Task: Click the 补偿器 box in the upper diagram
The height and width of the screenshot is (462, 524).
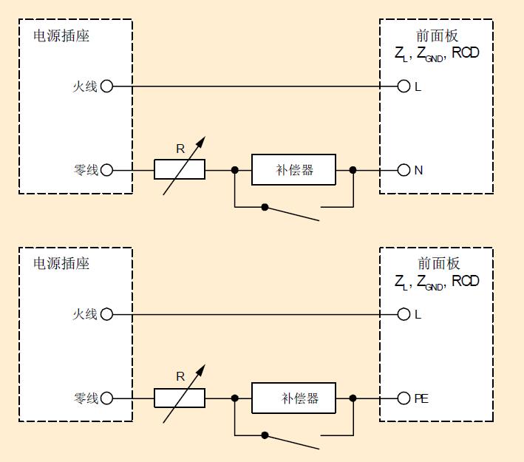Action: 293,170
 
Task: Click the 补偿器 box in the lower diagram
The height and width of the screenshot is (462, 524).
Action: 293,398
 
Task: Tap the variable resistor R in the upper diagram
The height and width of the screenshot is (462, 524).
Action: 180,170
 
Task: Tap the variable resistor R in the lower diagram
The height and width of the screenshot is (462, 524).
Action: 180,398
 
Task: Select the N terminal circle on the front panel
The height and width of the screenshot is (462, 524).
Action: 404,170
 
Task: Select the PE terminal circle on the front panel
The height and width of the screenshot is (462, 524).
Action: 404,398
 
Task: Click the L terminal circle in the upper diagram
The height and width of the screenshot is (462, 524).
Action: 404,86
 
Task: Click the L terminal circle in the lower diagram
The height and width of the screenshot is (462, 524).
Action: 404,314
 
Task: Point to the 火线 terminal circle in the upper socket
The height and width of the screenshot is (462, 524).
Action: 106,86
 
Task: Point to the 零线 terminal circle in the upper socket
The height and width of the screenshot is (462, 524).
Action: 106,170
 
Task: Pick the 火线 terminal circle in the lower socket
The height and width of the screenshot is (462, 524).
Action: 106,314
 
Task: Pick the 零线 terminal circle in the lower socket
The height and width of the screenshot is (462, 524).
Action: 106,398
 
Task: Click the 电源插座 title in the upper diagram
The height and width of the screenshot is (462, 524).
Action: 61,35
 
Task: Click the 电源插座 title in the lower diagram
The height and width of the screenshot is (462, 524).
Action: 61,263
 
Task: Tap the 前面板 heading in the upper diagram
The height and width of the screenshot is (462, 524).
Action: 438,35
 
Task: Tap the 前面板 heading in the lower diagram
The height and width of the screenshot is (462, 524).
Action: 438,263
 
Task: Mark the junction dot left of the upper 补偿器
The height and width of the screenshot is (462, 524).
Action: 235,170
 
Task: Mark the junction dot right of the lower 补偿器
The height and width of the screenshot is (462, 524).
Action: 353,398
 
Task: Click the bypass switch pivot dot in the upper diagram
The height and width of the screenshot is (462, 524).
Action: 265,206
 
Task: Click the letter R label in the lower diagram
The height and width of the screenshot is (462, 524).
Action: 180,376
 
